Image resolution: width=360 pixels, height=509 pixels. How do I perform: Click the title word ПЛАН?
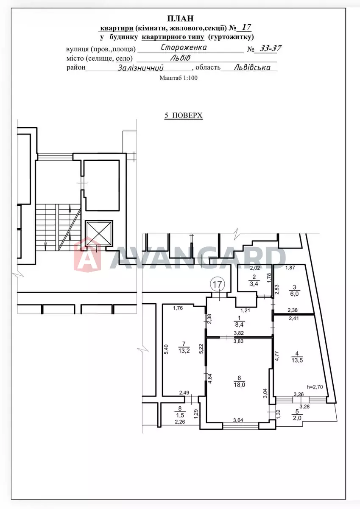tap(180, 19)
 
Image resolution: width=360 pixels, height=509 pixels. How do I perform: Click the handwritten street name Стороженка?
tap(184, 48)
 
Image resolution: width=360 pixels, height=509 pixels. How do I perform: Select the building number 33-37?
tap(270, 48)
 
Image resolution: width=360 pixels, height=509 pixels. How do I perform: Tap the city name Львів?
tap(180, 58)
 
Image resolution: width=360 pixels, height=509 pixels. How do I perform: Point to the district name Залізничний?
tap(141, 68)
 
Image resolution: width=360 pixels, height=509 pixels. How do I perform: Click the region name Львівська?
tap(252, 67)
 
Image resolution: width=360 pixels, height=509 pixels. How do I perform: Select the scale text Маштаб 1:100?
tap(178, 78)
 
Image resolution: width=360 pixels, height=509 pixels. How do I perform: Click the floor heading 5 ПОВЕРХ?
tap(183, 115)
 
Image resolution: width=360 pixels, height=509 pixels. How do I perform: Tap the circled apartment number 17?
tap(218, 284)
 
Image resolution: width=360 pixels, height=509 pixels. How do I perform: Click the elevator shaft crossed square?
tap(99, 233)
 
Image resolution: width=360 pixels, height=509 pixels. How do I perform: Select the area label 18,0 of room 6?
tap(239, 385)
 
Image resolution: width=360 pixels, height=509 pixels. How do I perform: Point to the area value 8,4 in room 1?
tap(239, 324)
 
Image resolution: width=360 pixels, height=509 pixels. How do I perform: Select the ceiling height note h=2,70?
tap(315, 387)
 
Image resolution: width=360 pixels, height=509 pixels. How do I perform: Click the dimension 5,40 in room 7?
tap(166, 349)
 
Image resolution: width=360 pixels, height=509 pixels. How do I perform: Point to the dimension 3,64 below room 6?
tap(238, 420)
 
